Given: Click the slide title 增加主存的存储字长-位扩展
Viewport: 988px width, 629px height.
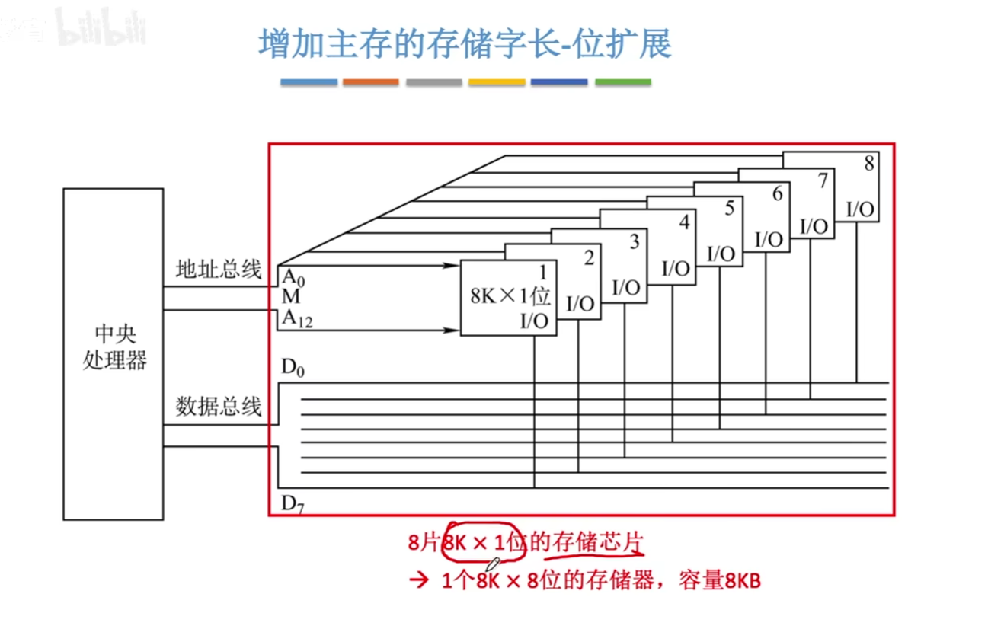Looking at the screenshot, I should point(465,44).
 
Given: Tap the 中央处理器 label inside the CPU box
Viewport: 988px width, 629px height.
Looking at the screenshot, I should point(114,347).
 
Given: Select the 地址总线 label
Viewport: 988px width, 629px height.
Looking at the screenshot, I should point(219,269).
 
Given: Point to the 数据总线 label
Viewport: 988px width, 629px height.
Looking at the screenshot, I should point(219,406).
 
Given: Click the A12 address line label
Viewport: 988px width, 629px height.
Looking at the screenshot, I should point(298,320).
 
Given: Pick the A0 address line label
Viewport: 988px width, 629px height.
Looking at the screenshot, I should point(293,276).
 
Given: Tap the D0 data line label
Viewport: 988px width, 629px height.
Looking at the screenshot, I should point(293,369).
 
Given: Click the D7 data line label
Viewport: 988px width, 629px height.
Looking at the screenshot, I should point(293,503).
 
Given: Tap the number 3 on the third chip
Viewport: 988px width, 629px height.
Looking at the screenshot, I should point(634,241).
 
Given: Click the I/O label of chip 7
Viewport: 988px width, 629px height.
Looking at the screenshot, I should point(814,225).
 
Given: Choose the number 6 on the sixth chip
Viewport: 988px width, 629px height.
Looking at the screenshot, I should point(776,193).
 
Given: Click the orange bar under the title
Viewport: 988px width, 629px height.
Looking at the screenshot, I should point(370,81).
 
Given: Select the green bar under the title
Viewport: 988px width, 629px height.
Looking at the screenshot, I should point(622,81).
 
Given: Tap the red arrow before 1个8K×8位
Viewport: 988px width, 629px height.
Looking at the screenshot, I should point(418,581).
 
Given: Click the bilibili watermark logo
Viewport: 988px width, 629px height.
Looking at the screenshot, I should point(100,29).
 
